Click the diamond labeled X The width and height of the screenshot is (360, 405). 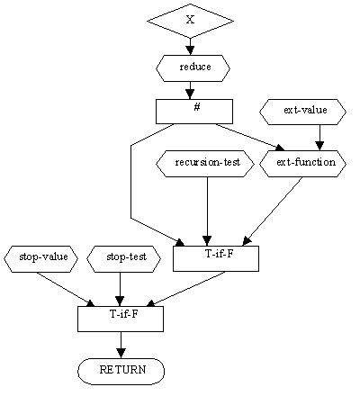(190, 21)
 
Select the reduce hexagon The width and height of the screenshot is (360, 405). (193, 68)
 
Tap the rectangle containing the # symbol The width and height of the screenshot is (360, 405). (194, 112)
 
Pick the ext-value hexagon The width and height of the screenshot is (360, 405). (302, 112)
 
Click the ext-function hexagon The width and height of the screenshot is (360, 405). (302, 164)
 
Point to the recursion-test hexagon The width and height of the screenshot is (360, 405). (205, 164)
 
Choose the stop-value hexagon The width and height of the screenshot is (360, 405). (40, 259)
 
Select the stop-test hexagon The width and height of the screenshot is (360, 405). (123, 259)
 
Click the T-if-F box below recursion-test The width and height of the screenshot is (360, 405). (216, 258)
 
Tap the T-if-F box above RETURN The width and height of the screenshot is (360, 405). (121, 319)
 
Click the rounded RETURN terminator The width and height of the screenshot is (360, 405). (121, 372)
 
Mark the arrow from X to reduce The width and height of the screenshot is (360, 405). (190, 47)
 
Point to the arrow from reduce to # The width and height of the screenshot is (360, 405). (190, 90)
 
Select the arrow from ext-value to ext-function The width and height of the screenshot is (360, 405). (319, 138)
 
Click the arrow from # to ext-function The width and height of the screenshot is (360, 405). (250, 137)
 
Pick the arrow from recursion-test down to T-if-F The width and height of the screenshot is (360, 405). (207, 211)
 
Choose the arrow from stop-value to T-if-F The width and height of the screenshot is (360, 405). (66, 289)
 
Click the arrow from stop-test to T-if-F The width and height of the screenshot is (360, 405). (120, 289)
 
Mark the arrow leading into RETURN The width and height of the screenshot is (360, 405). (121, 345)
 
